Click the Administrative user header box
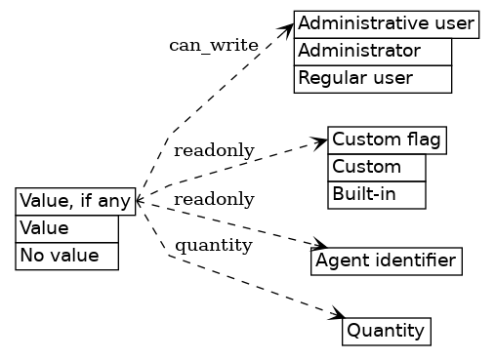[x=386, y=23]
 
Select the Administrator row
[x=372, y=51]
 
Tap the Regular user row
[x=372, y=78]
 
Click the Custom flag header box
[x=388, y=140]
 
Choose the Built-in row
[x=377, y=194]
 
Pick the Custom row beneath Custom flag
[x=377, y=167]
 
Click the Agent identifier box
[x=386, y=260]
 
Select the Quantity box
[x=386, y=332]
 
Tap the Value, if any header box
[x=75, y=202]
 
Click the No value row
[x=66, y=256]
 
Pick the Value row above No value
[x=66, y=228]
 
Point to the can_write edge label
[x=213, y=46]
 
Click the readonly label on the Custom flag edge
[x=214, y=150]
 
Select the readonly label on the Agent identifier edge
[x=214, y=200]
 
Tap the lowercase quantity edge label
[x=214, y=245]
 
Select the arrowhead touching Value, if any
[x=140, y=201]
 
